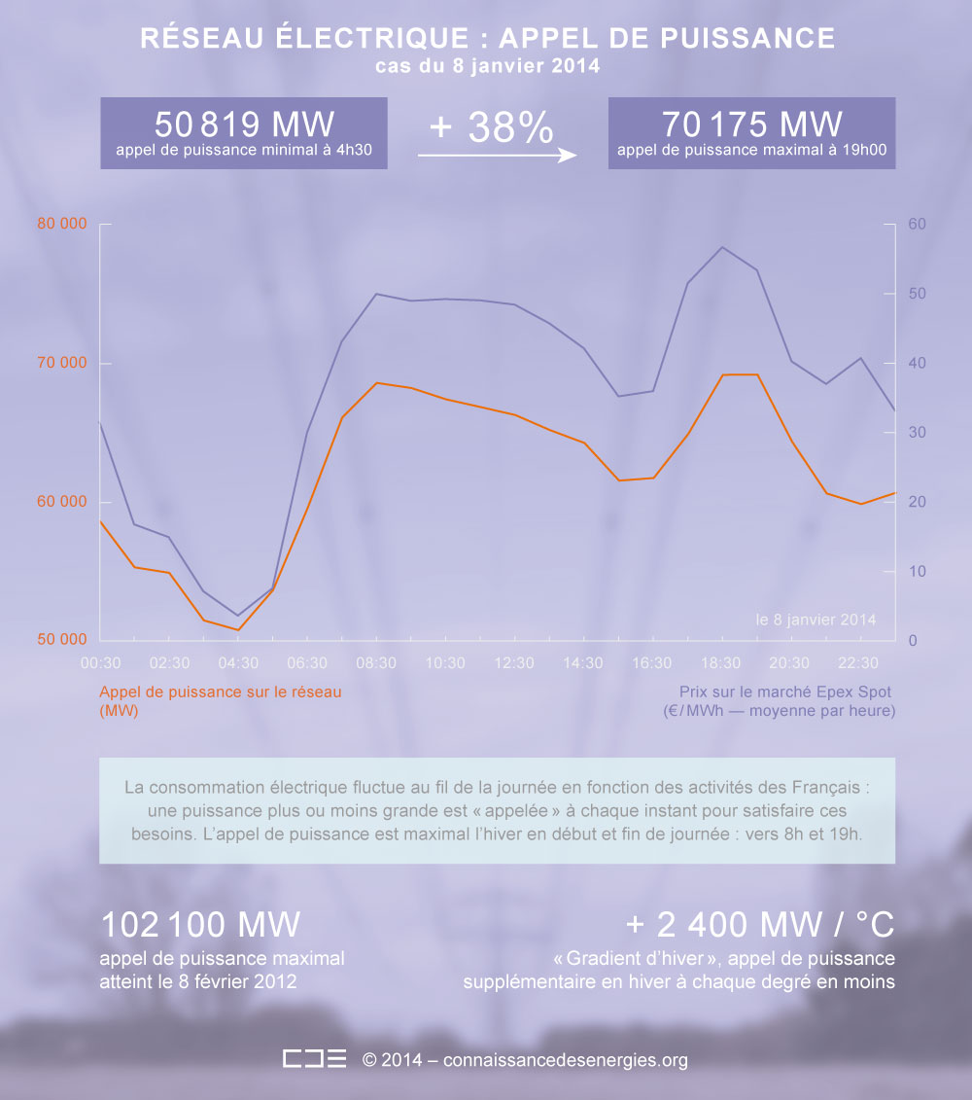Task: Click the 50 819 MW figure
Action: pyautogui.click(x=243, y=124)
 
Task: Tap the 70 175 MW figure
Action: pyautogui.click(x=751, y=124)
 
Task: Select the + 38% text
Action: pyautogui.click(x=491, y=127)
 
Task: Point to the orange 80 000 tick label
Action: pyautogui.click(x=62, y=224)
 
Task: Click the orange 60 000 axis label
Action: pyautogui.click(x=62, y=502)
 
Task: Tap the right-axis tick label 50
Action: pyautogui.click(x=917, y=294)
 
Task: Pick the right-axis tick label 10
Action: pyautogui.click(x=917, y=571)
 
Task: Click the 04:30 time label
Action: pyautogui.click(x=238, y=663)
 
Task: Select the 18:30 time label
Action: pyautogui.click(x=720, y=663)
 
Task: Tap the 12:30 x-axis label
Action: pyautogui.click(x=514, y=663)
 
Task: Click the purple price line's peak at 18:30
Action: pyautogui.click(x=722, y=247)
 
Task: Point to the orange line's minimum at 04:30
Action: pyautogui.click(x=238, y=629)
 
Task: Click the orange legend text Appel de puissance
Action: pyautogui.click(x=220, y=692)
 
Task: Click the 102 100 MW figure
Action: pyautogui.click(x=201, y=924)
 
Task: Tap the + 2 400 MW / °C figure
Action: pyautogui.click(x=760, y=924)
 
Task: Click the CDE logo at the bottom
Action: pyautogui.click(x=314, y=1059)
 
